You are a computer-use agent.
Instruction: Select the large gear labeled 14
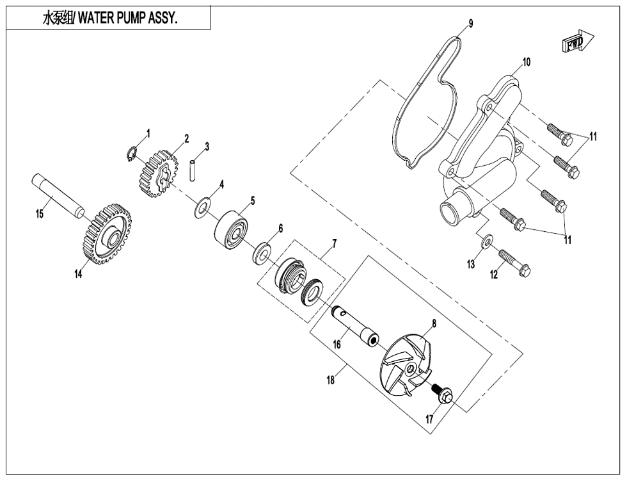pyautogui.click(x=107, y=234)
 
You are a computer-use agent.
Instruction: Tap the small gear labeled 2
pyautogui.click(x=157, y=174)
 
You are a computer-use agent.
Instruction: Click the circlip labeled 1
pyautogui.click(x=132, y=154)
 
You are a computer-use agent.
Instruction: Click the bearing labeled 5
pyautogui.click(x=232, y=227)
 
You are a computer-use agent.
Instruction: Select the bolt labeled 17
pyautogui.click(x=442, y=393)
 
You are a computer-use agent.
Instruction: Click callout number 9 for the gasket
pyautogui.click(x=470, y=24)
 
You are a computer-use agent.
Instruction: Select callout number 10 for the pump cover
pyautogui.click(x=527, y=62)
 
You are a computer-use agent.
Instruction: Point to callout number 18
pyautogui.click(x=331, y=379)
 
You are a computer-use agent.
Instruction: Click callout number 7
pyautogui.click(x=333, y=243)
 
